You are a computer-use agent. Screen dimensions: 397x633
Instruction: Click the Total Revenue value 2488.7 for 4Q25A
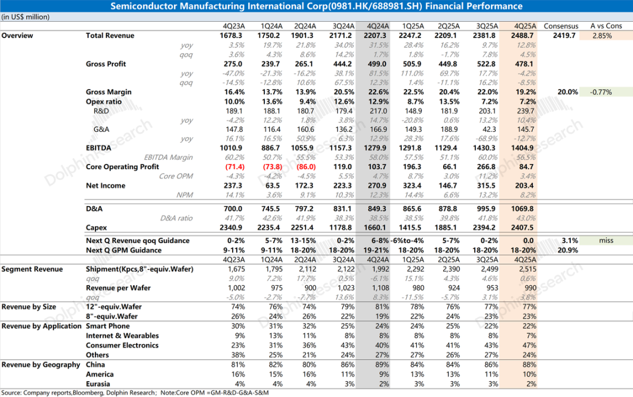coord(524,36)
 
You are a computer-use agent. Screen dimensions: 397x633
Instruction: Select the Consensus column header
coord(561,26)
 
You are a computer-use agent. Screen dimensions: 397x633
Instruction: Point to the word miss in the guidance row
coord(605,241)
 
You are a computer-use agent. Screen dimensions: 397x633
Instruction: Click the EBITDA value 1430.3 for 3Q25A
coord(486,148)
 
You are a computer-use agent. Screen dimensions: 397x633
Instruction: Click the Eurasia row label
coord(98,384)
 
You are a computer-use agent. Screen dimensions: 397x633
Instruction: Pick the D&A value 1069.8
coord(524,208)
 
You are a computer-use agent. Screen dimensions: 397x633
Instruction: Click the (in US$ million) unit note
coord(25,17)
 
